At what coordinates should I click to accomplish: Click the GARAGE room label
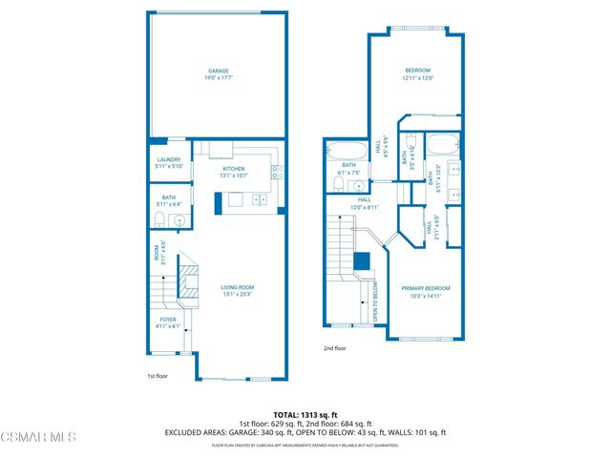pyautogui.click(x=219, y=73)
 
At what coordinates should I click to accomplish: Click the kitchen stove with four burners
pyautogui.click(x=277, y=173)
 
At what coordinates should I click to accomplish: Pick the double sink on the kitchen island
pyautogui.click(x=259, y=200)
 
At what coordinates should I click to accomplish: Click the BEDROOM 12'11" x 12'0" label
pyautogui.click(x=417, y=74)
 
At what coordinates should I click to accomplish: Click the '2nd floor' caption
pyautogui.click(x=333, y=348)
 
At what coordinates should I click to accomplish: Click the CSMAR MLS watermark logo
pyautogui.click(x=38, y=437)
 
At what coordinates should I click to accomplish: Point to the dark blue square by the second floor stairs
pyautogui.click(x=362, y=261)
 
